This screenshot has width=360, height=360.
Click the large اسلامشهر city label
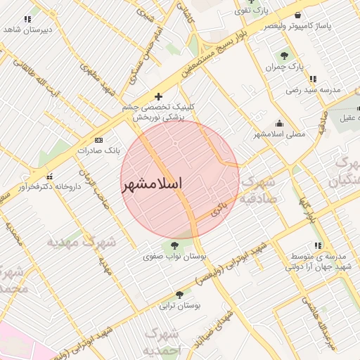152,184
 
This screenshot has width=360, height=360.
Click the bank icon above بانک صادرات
98,141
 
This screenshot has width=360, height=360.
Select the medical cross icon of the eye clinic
158,96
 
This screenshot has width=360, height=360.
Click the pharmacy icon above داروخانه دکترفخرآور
49,176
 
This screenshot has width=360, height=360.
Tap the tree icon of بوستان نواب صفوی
174,245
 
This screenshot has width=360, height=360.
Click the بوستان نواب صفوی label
172,257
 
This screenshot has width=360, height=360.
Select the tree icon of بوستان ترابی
179,295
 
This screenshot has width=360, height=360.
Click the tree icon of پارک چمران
284,56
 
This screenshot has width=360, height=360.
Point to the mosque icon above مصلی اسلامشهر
281,123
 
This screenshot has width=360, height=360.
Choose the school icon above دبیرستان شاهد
27,19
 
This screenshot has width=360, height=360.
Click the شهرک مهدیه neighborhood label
81,242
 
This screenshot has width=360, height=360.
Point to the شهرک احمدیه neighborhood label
162,340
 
